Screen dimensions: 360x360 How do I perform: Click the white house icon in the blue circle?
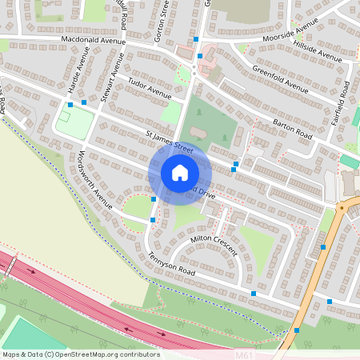179,172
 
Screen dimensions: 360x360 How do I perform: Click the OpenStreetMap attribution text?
81,354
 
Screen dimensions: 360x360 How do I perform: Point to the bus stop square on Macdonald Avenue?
196,38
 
